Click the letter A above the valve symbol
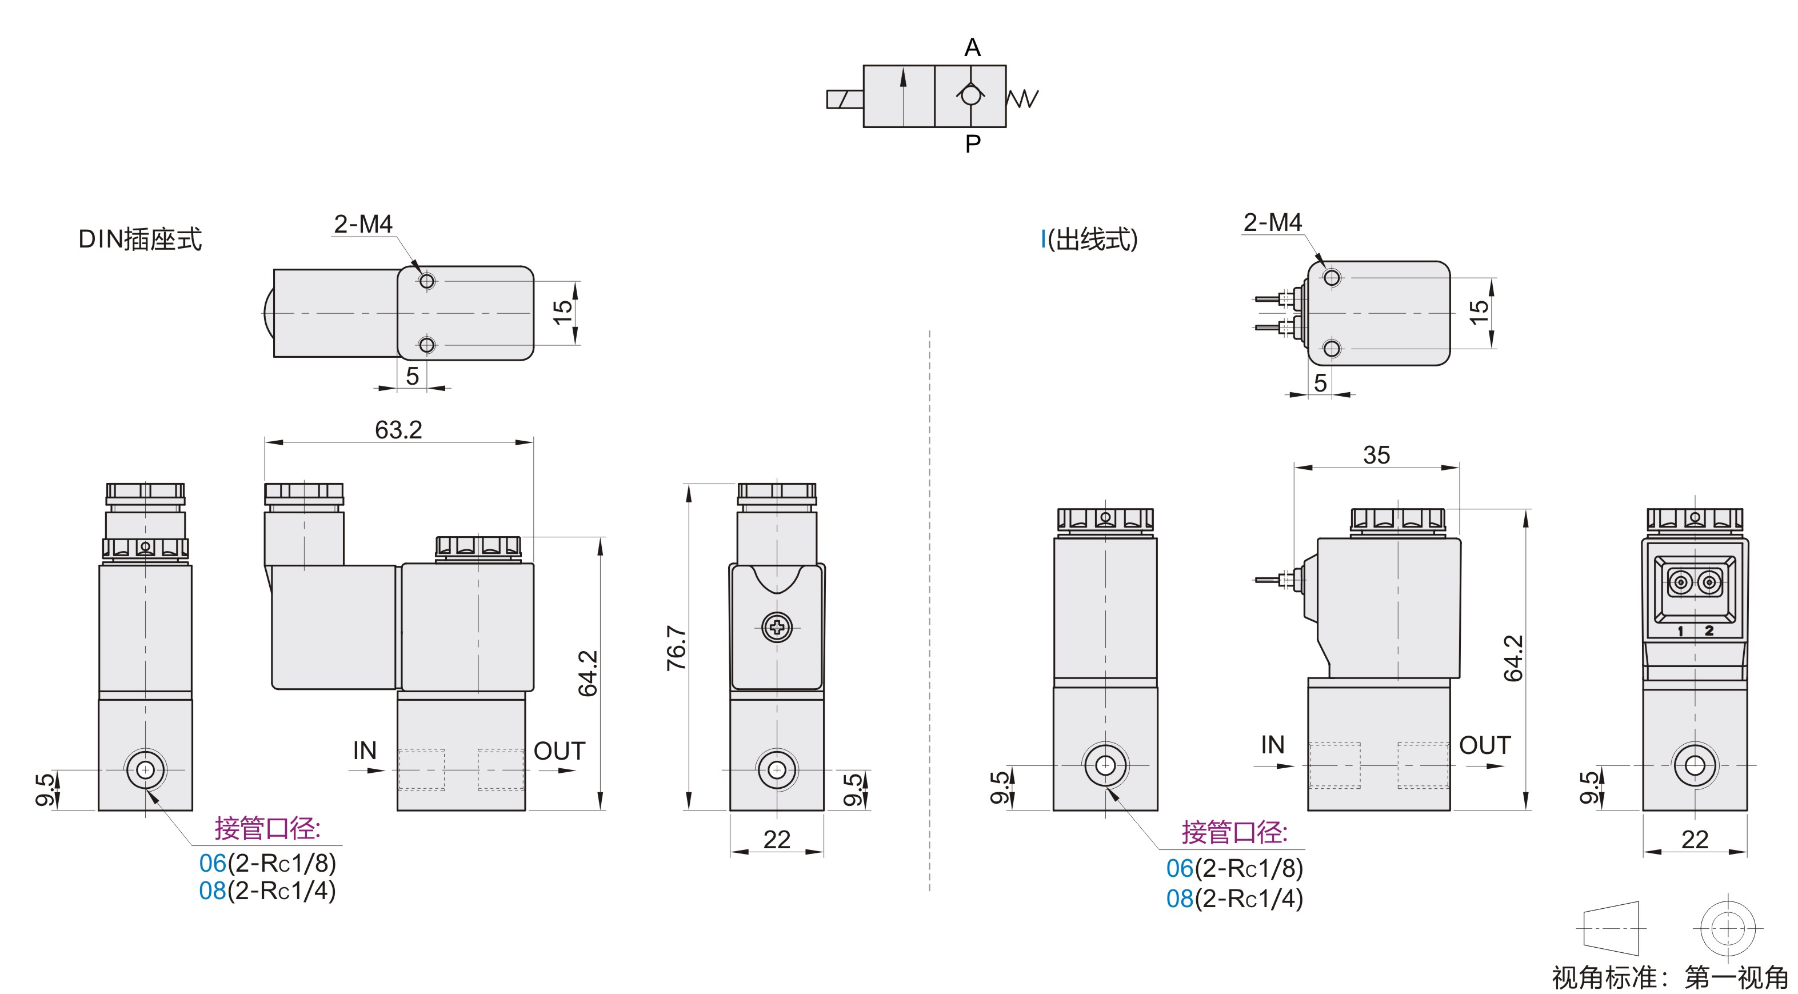[x=972, y=47]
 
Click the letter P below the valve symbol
[x=973, y=144]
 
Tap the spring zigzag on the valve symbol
[x=1022, y=98]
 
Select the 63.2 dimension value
[x=398, y=429]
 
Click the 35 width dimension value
[x=1376, y=455]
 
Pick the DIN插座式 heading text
[x=139, y=239]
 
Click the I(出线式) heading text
[x=1089, y=239]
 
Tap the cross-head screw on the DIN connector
[x=777, y=628]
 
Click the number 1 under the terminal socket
[x=1680, y=631]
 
